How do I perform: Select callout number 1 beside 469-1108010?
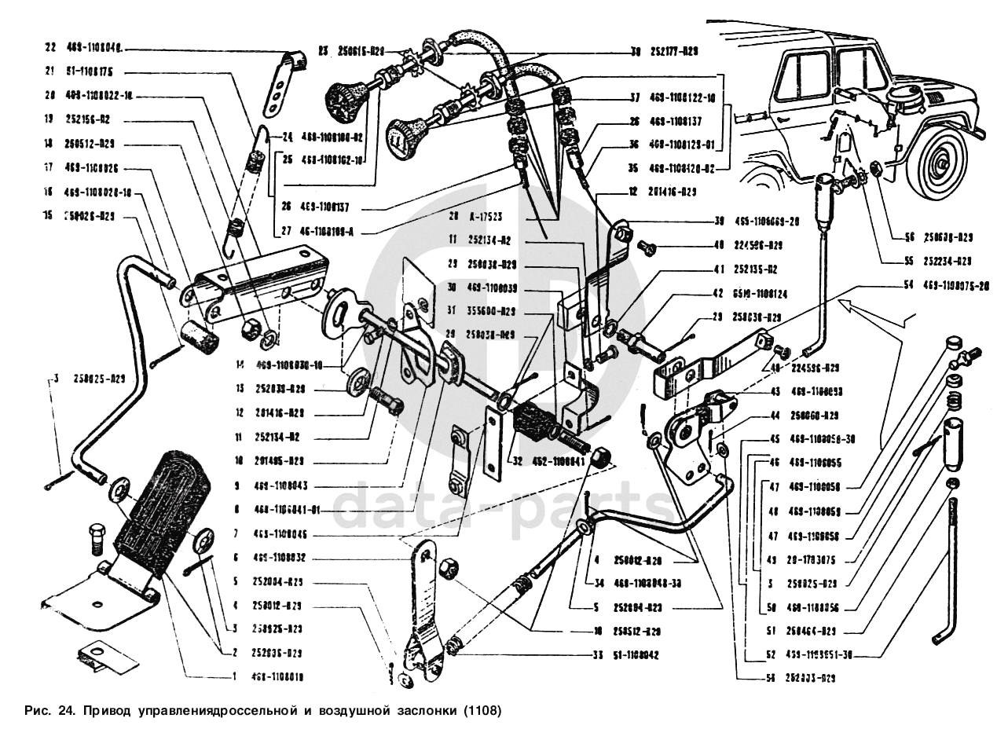pos(233,675)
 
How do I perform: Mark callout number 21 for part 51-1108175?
pos(50,71)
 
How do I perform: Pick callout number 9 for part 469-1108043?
pos(233,486)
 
